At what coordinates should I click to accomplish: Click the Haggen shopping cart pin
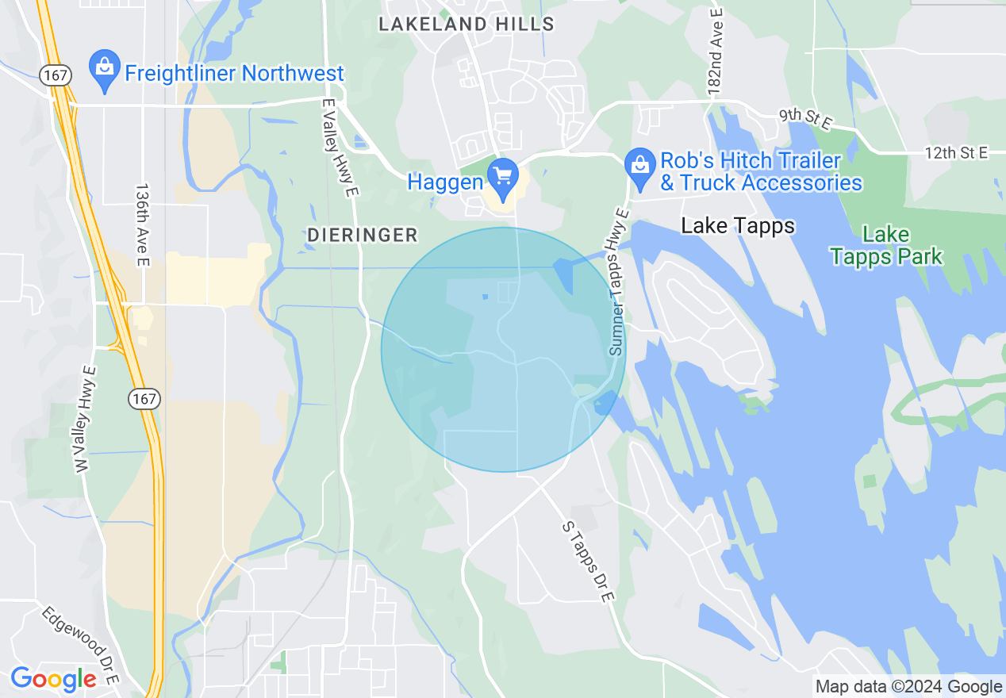tap(502, 174)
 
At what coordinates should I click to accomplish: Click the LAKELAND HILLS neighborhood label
tap(467, 24)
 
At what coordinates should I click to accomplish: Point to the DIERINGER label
tap(363, 235)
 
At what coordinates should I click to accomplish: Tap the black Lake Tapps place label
tap(738, 226)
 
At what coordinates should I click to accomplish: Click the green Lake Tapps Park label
tap(886, 245)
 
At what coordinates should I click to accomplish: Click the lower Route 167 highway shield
tap(145, 399)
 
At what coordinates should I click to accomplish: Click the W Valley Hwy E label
tap(85, 420)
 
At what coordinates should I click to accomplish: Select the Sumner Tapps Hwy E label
tap(620, 282)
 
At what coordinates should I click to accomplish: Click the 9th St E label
tap(804, 116)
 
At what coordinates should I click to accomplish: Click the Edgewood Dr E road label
tap(80, 646)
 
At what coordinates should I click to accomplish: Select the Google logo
tap(53, 679)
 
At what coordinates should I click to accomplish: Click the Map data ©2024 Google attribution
tap(909, 687)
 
